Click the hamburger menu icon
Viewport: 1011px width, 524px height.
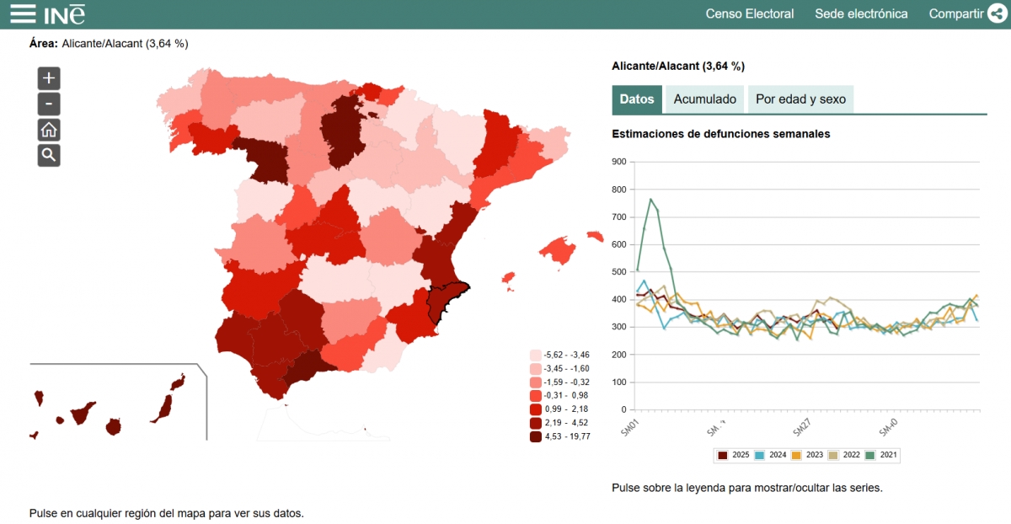[22, 13]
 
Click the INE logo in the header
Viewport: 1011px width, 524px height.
[65, 13]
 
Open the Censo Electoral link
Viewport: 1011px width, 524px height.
[749, 13]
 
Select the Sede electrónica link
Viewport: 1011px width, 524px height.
[861, 13]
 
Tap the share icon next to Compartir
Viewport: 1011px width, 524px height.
[998, 13]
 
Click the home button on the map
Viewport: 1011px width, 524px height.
[49, 130]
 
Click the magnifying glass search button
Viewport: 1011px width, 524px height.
[49, 155]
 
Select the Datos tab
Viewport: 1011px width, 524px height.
[637, 99]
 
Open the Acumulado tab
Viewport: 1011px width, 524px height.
[704, 99]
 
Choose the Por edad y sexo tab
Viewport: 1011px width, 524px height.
[800, 99]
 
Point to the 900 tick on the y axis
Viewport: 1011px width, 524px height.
[619, 162]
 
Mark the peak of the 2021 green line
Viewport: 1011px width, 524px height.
[650, 199]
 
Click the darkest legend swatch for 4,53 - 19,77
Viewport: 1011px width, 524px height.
[536, 436]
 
